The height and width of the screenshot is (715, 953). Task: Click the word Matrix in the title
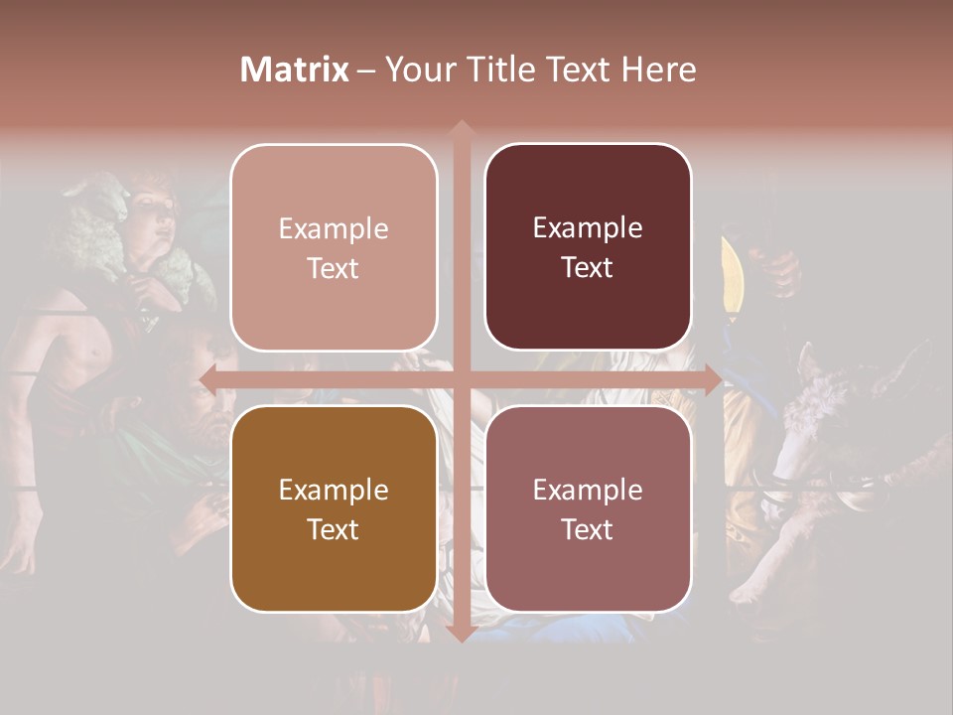pos(295,70)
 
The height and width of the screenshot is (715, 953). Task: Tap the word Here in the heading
pos(658,70)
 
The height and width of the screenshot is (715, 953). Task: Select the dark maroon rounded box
pos(588,247)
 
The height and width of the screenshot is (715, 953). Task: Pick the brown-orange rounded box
pos(334,508)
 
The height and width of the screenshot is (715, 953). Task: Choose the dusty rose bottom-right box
pos(588,508)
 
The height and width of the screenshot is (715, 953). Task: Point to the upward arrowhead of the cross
pos(461,129)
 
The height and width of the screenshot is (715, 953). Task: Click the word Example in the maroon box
pos(588,227)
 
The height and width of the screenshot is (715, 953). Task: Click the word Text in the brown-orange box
pos(334,529)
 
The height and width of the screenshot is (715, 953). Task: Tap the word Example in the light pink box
pos(334,228)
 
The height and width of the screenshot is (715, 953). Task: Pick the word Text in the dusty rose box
pos(588,529)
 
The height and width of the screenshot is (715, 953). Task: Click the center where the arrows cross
pos(461,378)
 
